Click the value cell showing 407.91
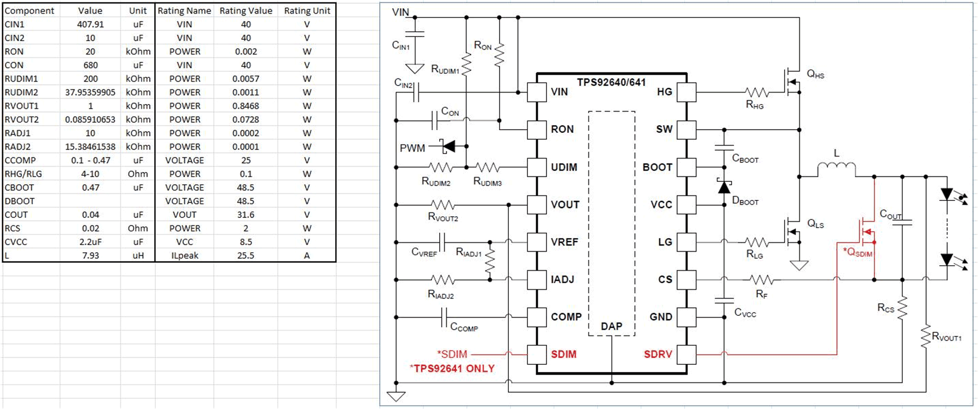click(90, 24)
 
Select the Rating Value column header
click(246, 10)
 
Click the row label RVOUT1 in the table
click(22, 106)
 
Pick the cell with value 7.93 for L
click(90, 255)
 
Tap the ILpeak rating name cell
click(184, 255)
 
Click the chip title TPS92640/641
click(611, 82)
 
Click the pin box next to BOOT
click(687, 167)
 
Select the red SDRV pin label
click(658, 355)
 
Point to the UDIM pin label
click(563, 167)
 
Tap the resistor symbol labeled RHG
click(757, 93)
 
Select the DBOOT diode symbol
click(724, 187)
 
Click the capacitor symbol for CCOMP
click(444, 317)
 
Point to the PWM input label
click(412, 148)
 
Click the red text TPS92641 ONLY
click(452, 369)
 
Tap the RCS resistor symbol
click(902, 308)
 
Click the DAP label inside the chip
click(611, 326)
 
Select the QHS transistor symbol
click(791, 82)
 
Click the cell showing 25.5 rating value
click(246, 255)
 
